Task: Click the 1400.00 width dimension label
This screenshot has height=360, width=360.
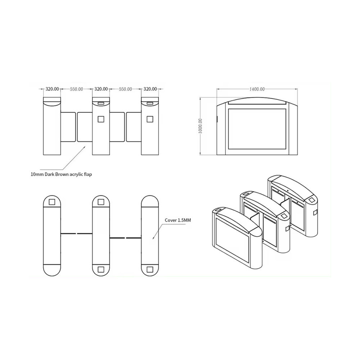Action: coord(257,89)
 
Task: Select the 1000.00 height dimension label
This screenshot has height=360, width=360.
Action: coord(200,126)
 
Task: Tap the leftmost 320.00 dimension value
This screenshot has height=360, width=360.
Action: coord(52,89)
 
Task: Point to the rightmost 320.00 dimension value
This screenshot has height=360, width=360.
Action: coord(150,89)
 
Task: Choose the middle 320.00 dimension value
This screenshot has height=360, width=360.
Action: coord(101,89)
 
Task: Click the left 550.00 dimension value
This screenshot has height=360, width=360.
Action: coord(76,89)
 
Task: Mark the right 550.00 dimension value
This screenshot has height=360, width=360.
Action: coord(125,89)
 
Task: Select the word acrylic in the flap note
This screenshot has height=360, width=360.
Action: coord(77,175)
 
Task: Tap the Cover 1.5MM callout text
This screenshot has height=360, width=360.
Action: coord(178,220)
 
